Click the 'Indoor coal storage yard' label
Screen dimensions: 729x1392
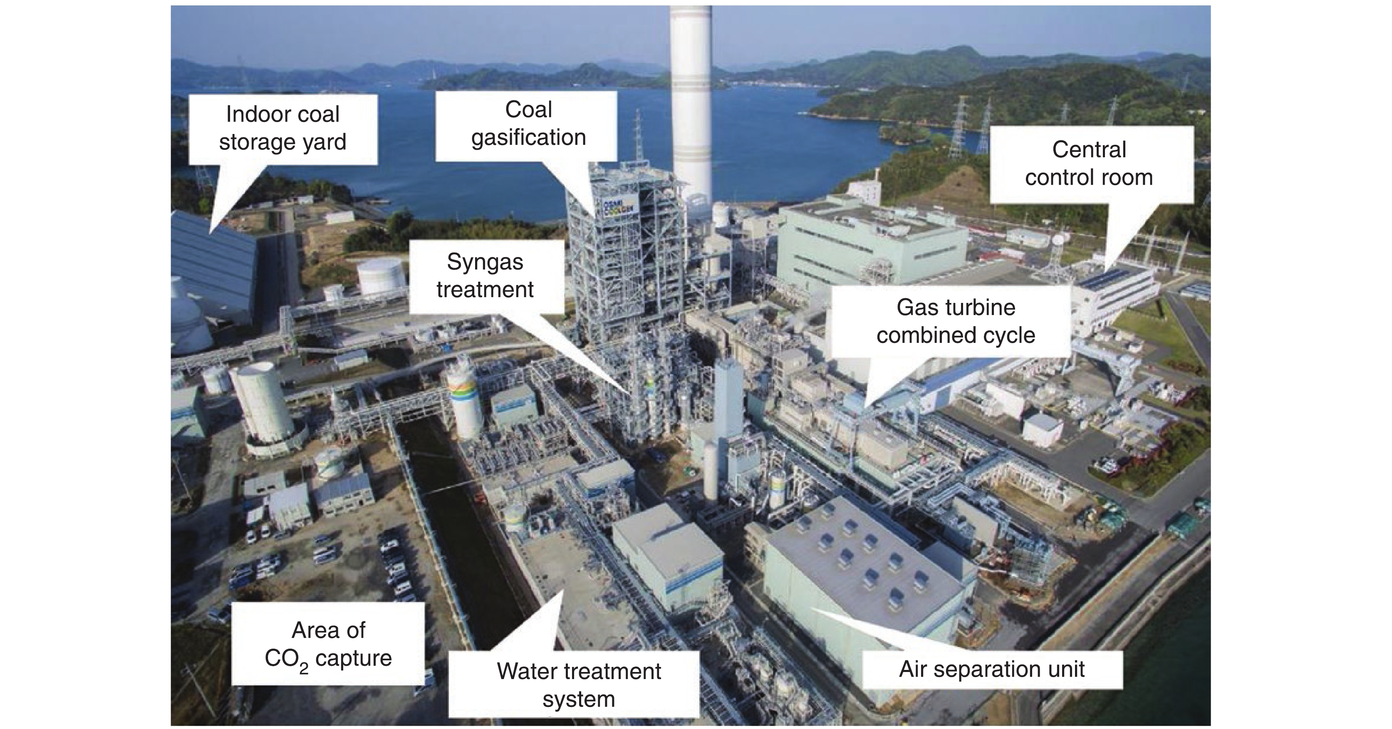[282, 129]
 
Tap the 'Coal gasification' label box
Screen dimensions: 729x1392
[528, 124]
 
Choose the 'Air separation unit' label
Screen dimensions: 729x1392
[992, 669]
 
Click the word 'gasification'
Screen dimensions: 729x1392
[528, 138]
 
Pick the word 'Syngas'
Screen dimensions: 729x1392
[485, 262]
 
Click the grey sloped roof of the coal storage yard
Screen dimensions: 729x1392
[213, 259]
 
